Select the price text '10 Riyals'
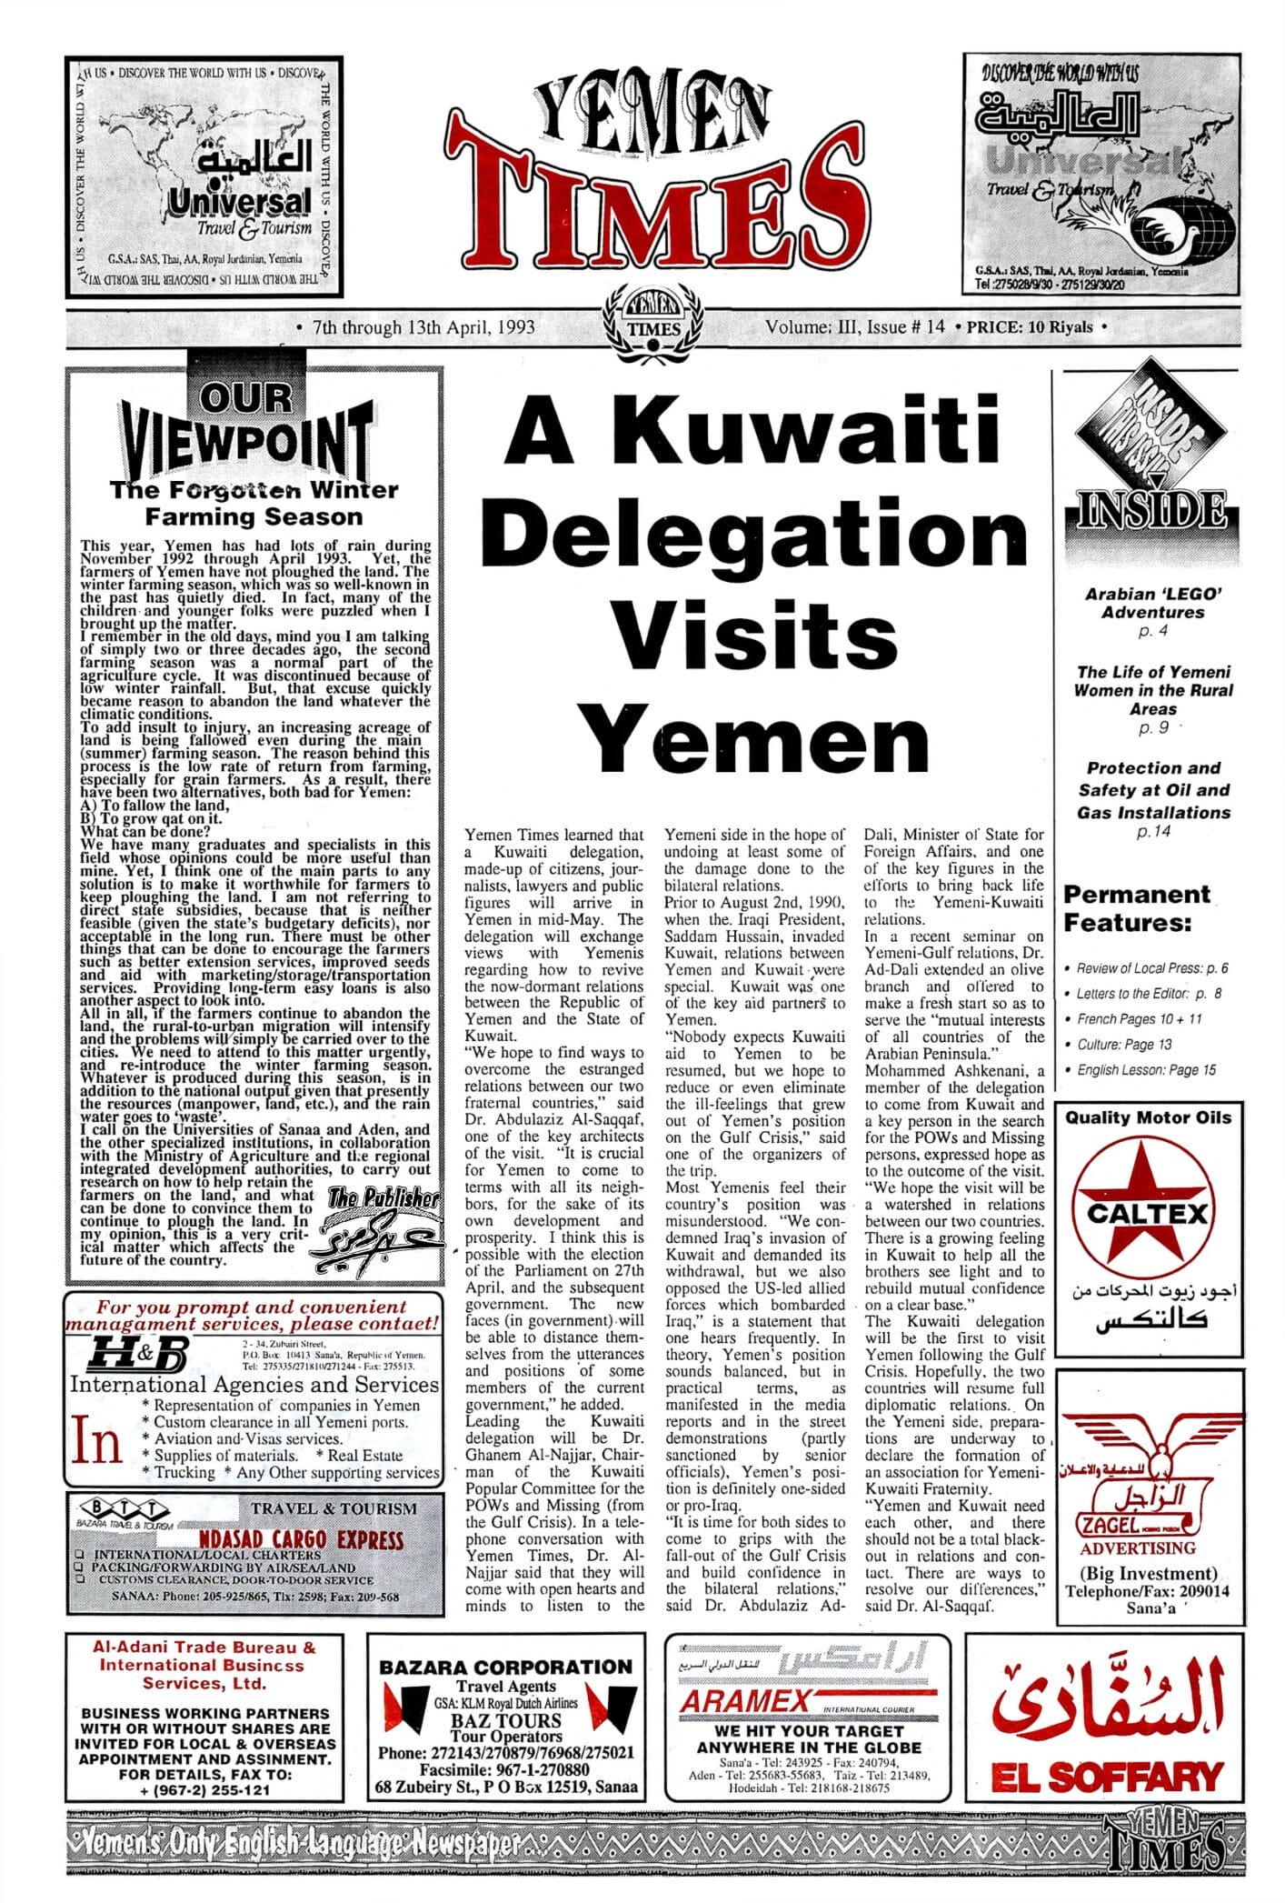coord(1060,327)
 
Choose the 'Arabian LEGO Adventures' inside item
coord(1153,603)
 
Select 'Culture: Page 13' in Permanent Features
coord(1124,1045)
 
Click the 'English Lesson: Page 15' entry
coord(1146,1070)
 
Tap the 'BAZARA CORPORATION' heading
coord(505,1667)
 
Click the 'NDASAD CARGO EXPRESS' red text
coord(302,1539)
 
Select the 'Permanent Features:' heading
coord(1137,908)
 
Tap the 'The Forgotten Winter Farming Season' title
coord(254,504)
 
